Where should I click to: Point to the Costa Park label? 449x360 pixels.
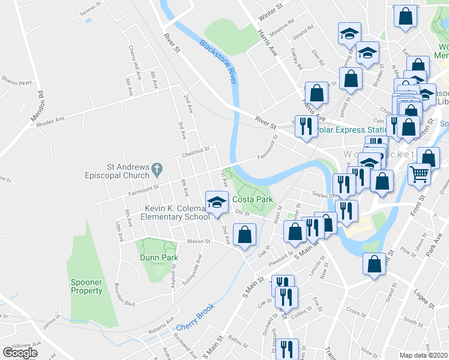click(253, 199)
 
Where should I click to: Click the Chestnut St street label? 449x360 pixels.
click(196, 151)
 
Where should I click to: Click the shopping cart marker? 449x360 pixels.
click(419, 175)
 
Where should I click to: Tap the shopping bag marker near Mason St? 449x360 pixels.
click(244, 235)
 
